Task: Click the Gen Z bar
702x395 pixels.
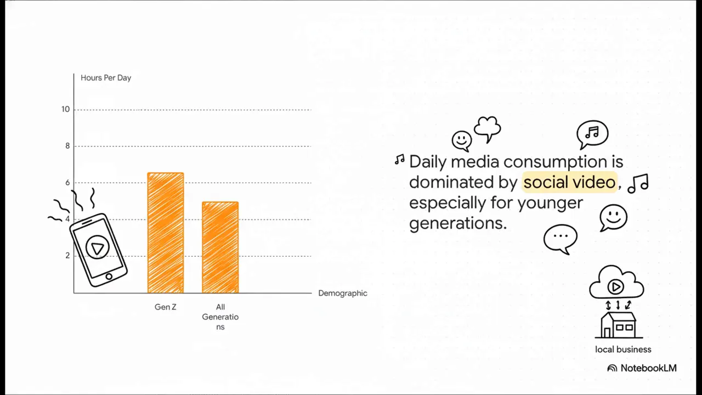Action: (x=166, y=233)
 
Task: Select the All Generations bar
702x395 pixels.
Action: (x=220, y=247)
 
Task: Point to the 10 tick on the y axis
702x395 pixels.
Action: (x=66, y=109)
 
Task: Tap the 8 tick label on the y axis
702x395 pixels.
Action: (x=67, y=146)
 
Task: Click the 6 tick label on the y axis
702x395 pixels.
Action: (x=67, y=183)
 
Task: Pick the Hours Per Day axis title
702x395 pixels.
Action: (x=106, y=78)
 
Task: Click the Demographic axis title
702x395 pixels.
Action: (x=343, y=293)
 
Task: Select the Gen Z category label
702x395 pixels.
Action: (x=166, y=307)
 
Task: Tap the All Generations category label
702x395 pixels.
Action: (x=220, y=317)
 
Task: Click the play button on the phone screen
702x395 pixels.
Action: (x=98, y=248)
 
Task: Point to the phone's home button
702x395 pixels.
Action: (x=109, y=276)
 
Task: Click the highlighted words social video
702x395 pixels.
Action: (x=569, y=182)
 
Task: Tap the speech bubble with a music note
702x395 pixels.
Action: (x=592, y=133)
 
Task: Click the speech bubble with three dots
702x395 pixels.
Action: (x=561, y=238)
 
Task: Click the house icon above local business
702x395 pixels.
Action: (x=619, y=325)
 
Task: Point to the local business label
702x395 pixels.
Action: (x=623, y=349)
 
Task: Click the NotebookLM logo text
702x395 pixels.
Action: (x=648, y=368)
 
